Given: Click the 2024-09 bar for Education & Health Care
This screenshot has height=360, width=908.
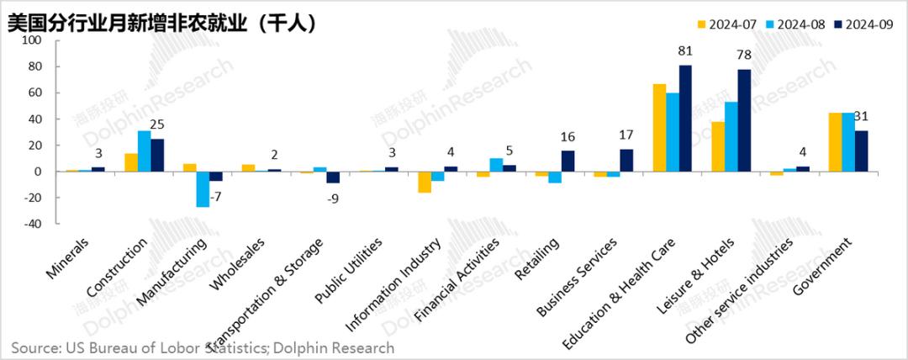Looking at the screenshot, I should [685, 119].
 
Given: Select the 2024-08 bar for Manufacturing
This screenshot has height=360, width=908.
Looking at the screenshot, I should [203, 189].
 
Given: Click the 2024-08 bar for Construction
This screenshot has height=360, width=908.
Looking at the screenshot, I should [144, 151].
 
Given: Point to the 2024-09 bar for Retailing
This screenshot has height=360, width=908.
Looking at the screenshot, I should [568, 161].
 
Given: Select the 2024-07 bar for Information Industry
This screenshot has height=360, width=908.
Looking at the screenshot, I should [425, 182].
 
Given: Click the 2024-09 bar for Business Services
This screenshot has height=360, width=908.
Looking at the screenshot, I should [626, 161].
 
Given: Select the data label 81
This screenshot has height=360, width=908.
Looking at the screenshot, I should [685, 52].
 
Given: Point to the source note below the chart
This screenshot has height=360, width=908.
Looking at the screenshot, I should [202, 347].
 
